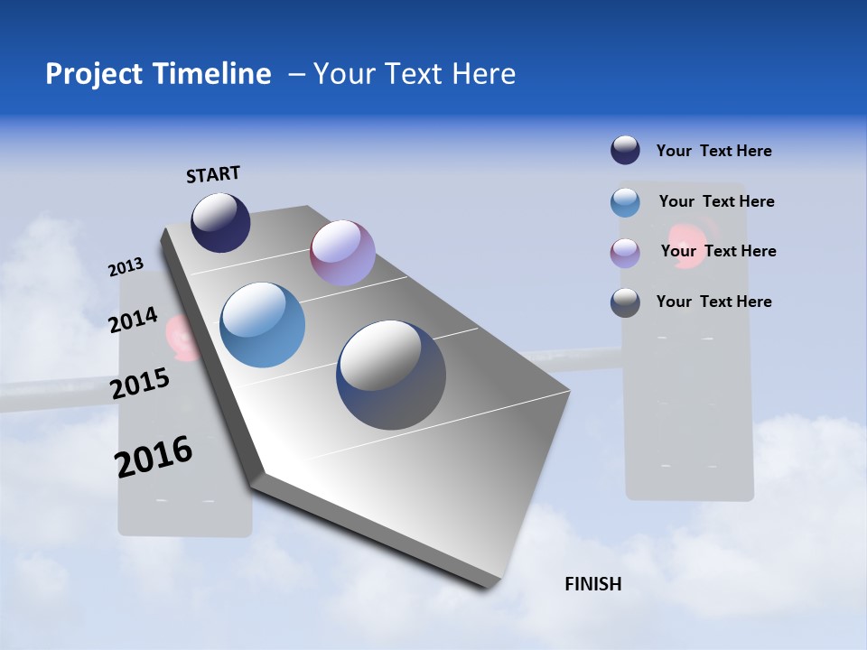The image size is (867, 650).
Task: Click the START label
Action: tap(213, 174)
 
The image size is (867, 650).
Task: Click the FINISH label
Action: tap(593, 584)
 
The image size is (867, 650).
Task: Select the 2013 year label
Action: tap(126, 267)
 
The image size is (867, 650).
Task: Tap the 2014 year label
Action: tap(133, 320)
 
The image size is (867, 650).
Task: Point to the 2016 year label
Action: tap(154, 457)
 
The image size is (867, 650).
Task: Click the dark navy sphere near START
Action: tap(220, 223)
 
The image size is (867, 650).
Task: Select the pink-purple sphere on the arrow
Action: tap(342, 253)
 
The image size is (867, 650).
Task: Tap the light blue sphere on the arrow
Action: tap(263, 325)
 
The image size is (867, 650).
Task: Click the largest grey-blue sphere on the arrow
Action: tap(391, 375)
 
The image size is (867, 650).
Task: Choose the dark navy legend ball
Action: tap(625, 150)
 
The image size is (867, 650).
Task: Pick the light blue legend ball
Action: tap(625, 202)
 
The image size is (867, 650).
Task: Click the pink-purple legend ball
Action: tap(625, 253)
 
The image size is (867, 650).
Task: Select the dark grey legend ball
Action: tap(625, 302)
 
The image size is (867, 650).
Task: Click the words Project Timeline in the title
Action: tap(158, 74)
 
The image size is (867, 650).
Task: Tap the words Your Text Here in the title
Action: tap(415, 74)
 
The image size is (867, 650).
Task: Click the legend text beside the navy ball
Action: tap(713, 151)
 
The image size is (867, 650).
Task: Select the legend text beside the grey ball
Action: tap(713, 302)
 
